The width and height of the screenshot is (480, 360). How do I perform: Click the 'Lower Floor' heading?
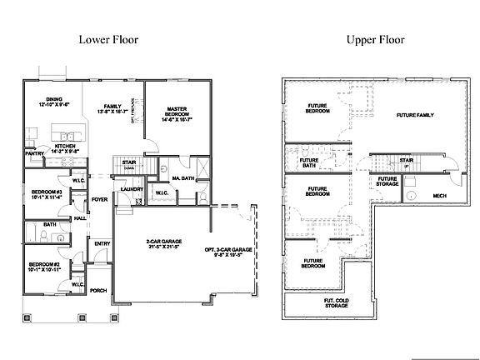click(108, 39)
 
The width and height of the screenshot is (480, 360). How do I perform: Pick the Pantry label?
click(34, 154)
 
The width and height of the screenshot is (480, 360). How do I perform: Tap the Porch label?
click(98, 291)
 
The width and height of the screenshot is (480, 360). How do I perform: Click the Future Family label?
click(415, 115)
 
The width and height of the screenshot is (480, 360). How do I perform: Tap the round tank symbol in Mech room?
click(412, 197)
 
